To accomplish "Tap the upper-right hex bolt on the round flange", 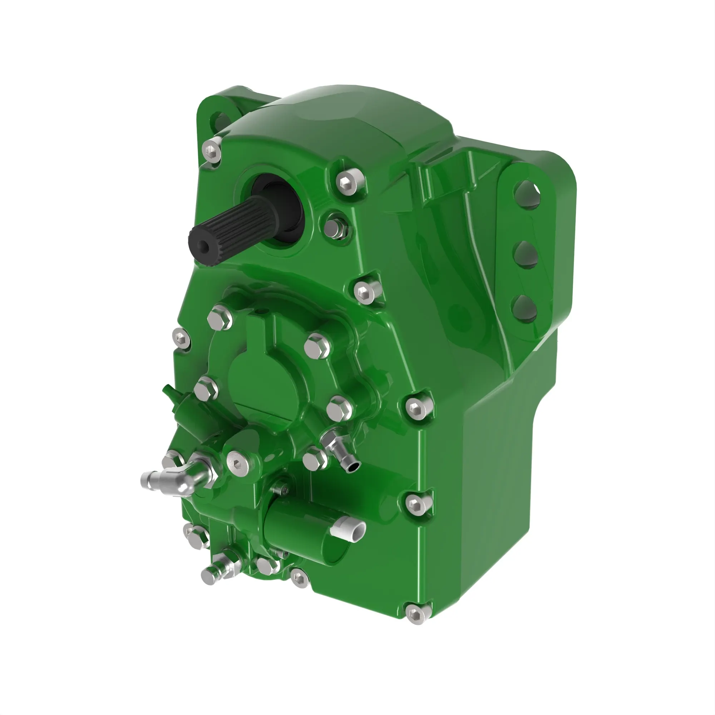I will click(x=317, y=345).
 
